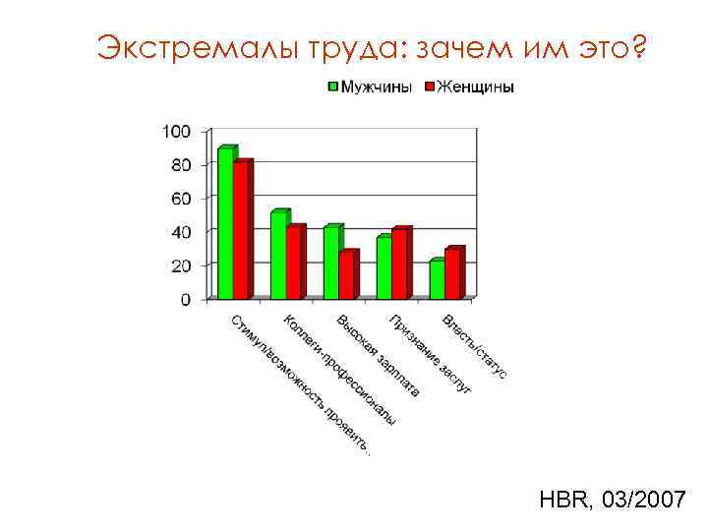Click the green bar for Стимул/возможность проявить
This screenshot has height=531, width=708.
click(225, 223)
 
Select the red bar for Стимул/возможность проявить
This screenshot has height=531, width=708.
click(241, 230)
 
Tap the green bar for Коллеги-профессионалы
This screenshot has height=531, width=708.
click(278, 255)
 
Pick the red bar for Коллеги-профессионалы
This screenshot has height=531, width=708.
click(294, 263)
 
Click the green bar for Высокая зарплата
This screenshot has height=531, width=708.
click(331, 263)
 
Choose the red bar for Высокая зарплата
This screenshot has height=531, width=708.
click(347, 275)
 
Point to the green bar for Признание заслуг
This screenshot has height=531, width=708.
click(383, 267)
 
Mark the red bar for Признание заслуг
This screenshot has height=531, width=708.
click(399, 264)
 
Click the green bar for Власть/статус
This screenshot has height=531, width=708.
click(437, 279)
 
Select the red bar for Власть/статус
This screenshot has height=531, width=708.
click(452, 273)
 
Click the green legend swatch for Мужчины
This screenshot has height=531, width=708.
click(333, 87)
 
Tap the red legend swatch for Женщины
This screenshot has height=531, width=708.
click(429, 87)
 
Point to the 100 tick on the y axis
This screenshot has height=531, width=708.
click(177, 132)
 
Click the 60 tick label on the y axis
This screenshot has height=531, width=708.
click(181, 199)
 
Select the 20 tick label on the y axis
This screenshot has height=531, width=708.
click(181, 265)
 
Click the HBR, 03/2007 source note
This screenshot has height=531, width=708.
click(612, 501)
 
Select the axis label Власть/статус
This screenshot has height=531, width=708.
click(475, 346)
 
